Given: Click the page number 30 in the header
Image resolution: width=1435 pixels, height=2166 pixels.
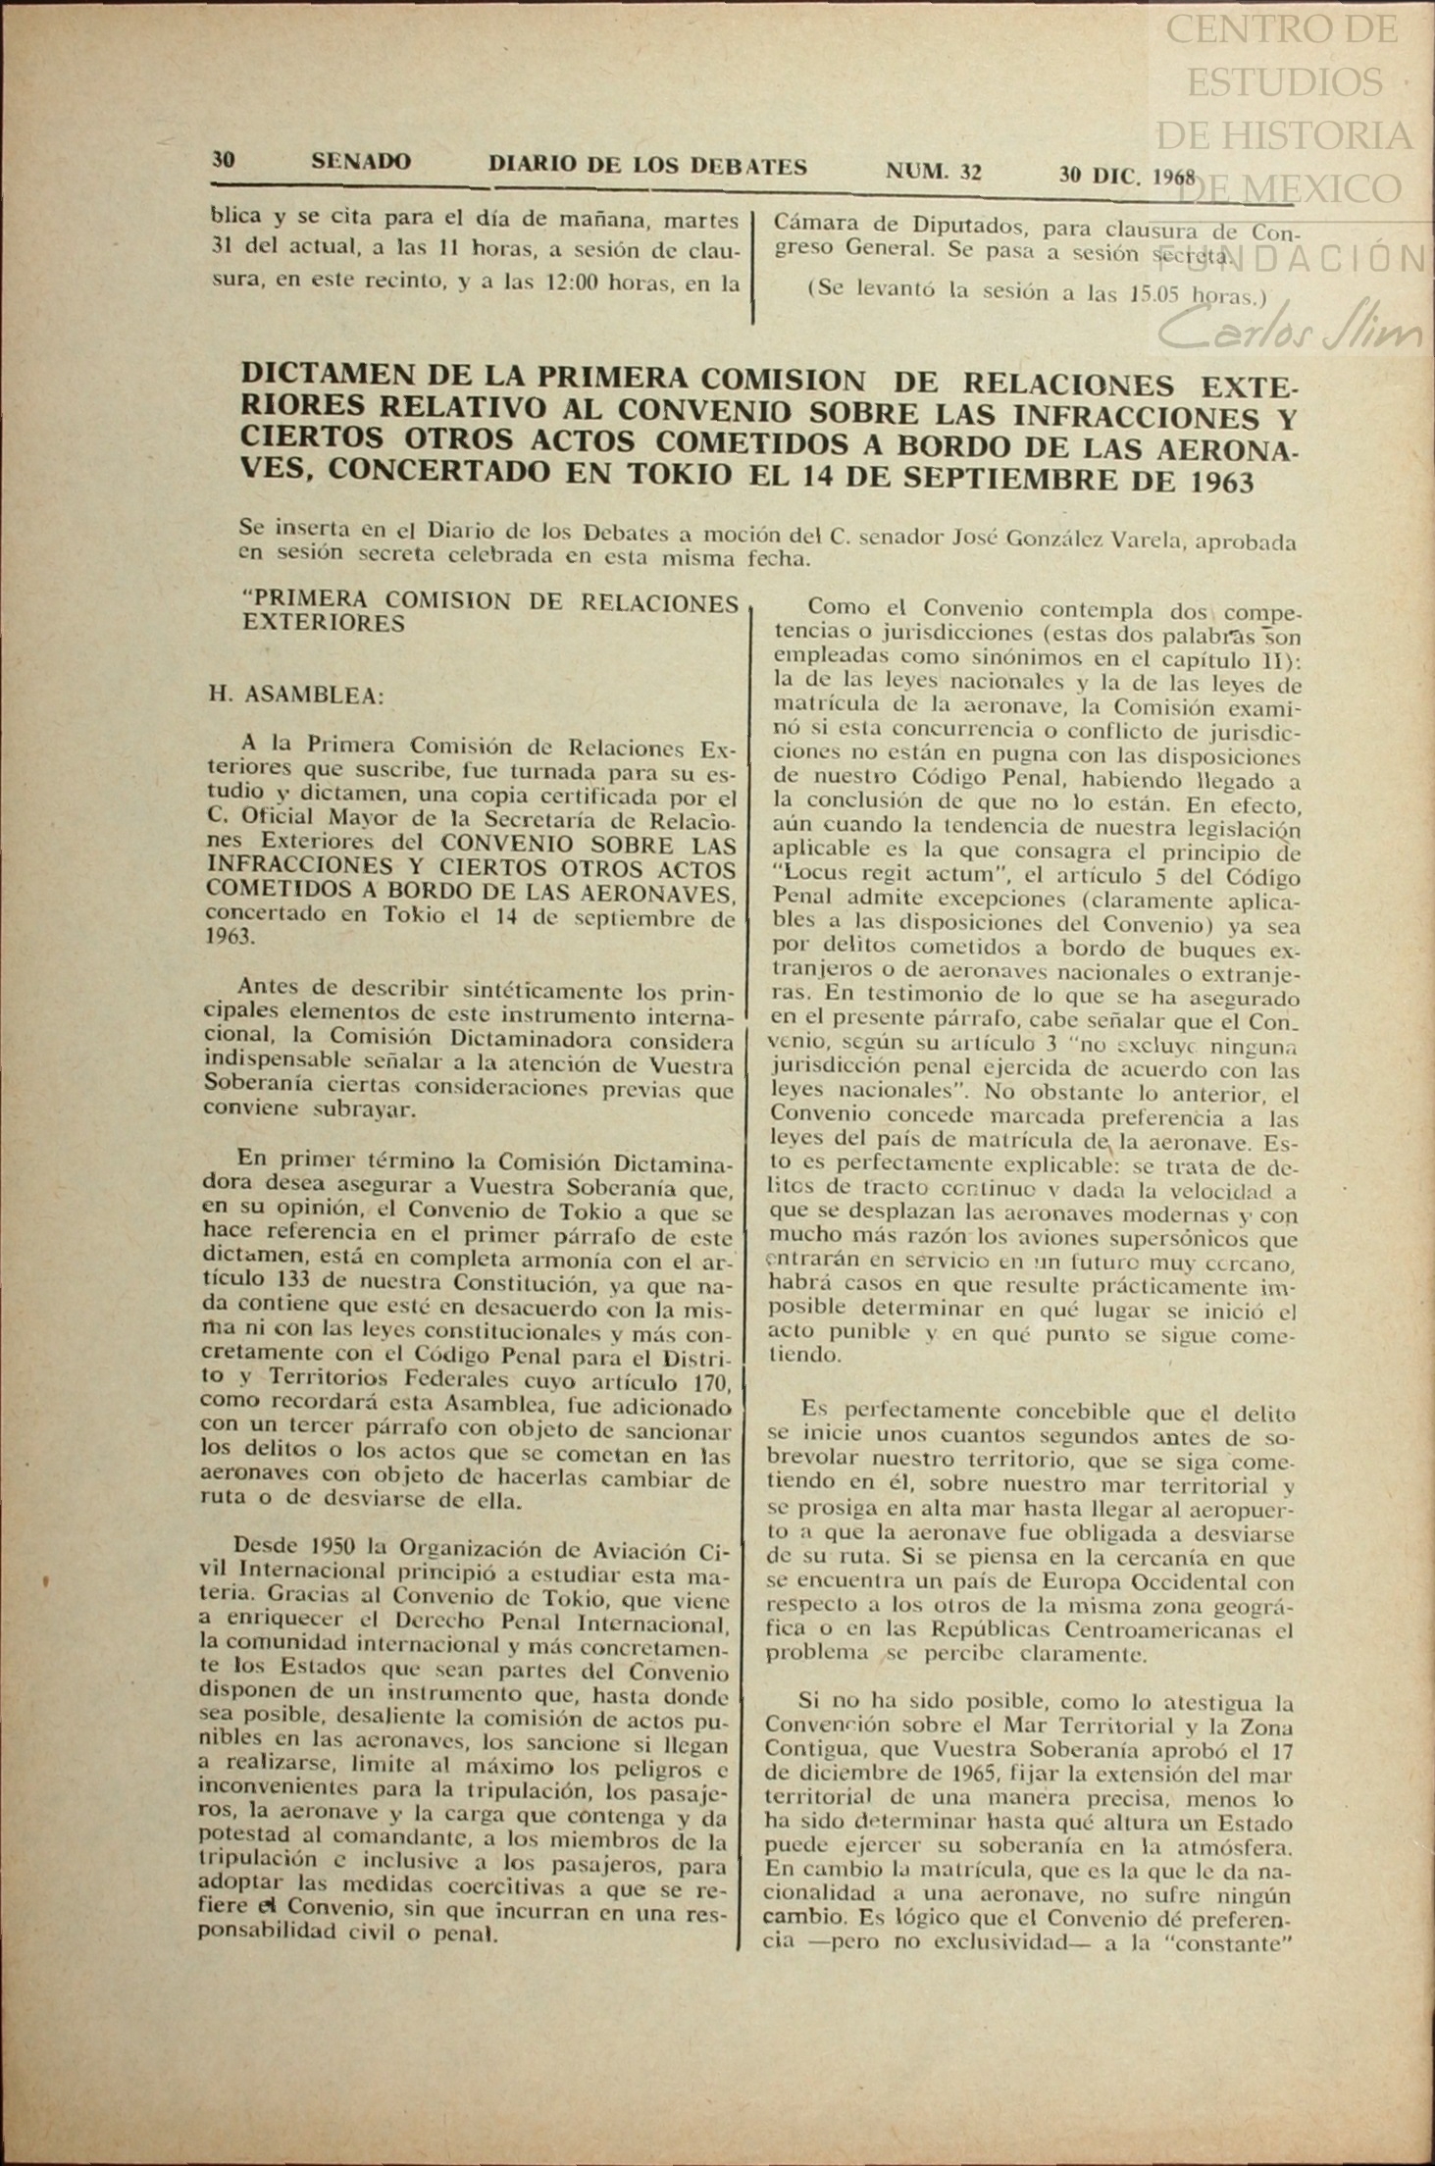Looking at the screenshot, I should (x=224, y=159).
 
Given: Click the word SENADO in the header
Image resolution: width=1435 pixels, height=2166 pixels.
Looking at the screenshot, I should (x=360, y=162).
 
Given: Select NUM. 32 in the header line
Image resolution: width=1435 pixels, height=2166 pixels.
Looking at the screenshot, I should (x=933, y=172).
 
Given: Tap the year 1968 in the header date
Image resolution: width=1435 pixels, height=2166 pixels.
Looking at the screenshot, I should (x=1173, y=178).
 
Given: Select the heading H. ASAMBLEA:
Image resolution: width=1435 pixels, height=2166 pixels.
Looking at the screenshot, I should (x=295, y=696).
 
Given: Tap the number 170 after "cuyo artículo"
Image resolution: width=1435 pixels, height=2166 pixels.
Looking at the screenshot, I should (x=712, y=1384).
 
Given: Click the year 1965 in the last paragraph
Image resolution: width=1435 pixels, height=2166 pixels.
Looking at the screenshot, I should (x=937, y=1775).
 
